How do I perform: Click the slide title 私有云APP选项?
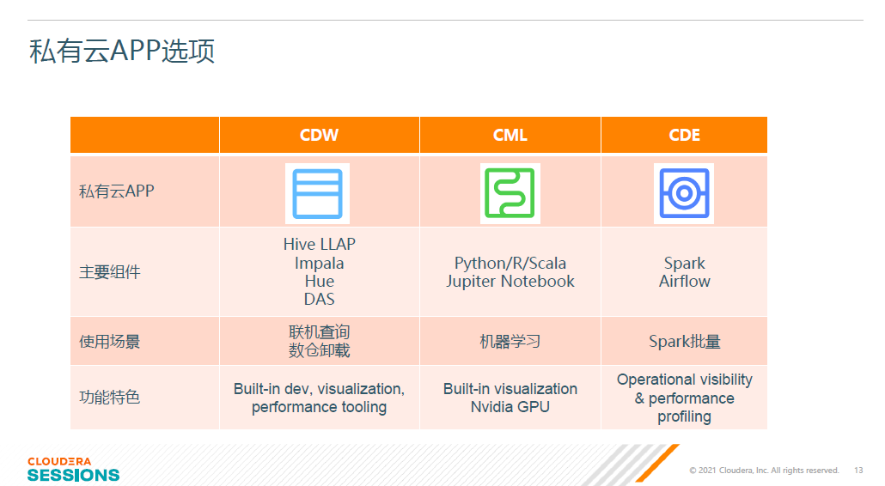tap(122, 51)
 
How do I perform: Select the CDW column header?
tap(319, 136)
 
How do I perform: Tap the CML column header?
tap(510, 136)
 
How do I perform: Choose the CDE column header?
tap(684, 136)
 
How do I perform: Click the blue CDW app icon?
tap(317, 193)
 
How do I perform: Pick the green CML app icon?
tap(510, 193)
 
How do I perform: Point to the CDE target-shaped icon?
tap(684, 193)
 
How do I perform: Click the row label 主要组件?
tap(109, 272)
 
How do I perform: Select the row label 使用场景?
tap(109, 342)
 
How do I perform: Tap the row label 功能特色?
tap(109, 398)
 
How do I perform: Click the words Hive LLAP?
tap(320, 244)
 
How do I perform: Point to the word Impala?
tap(320, 264)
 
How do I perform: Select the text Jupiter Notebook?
tap(510, 282)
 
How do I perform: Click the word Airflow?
tap(685, 282)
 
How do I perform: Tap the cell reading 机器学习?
tap(510, 342)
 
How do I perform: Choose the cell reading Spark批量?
tap(685, 342)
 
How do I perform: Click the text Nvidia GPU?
tap(510, 407)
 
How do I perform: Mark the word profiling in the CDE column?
tap(684, 416)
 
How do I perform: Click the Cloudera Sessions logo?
tap(73, 470)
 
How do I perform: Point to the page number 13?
tap(858, 471)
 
